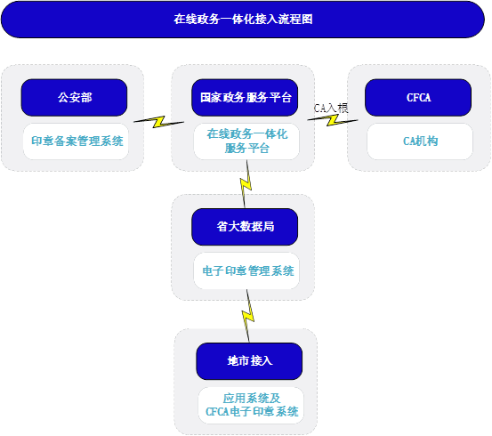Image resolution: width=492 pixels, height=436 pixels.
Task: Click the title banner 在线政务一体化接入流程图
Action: coord(243,20)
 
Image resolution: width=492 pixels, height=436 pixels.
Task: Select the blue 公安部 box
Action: coord(75,98)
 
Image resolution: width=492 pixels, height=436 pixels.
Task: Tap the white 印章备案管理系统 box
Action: coord(76,141)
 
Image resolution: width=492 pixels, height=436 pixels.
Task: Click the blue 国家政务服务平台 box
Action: coord(245,98)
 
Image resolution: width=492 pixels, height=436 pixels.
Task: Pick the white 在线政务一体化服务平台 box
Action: coord(246,141)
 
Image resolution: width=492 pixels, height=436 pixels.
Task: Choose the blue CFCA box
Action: coord(418,98)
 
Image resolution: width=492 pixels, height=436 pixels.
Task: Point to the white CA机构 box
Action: coord(420,141)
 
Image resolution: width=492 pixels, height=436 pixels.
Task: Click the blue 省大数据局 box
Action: coord(245,227)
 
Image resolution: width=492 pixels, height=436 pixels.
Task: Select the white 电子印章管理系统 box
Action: coord(246,270)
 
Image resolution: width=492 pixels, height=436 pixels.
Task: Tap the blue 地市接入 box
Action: coord(249,361)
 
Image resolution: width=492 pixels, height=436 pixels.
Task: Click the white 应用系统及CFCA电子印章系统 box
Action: coord(251,405)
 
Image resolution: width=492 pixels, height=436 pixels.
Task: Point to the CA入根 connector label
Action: coord(331,109)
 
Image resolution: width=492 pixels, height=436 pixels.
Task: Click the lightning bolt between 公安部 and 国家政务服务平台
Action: coord(158,122)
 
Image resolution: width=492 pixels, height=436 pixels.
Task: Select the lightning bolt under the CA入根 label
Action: coord(333,120)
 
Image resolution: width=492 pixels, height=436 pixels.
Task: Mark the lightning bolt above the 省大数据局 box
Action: coord(246,184)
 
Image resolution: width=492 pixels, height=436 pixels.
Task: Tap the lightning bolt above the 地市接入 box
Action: coord(248,316)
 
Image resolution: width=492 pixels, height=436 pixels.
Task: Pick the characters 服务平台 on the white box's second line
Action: coord(247,149)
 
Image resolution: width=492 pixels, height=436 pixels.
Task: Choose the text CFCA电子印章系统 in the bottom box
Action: coord(252,411)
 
